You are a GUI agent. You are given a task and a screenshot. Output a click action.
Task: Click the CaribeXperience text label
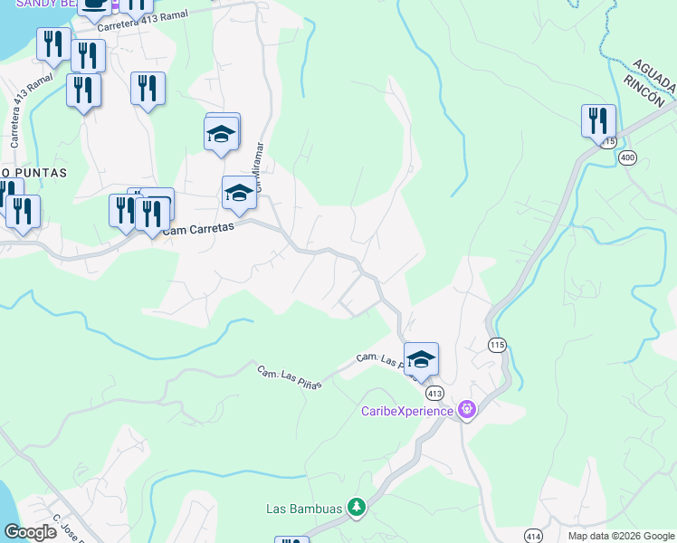pos(407,411)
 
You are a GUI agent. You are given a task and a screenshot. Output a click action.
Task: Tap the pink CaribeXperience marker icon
pos(466,411)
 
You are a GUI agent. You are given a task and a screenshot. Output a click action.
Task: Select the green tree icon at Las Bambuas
pos(357,508)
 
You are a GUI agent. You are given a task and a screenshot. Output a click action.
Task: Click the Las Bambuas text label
pos(303,509)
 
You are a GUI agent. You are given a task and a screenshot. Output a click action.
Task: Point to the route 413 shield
pos(435,393)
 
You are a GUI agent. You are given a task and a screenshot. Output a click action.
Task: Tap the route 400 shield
pos(628,157)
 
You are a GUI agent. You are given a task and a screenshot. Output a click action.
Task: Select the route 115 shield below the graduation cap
pos(496,345)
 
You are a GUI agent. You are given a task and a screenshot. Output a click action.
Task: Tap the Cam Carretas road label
pos(199,230)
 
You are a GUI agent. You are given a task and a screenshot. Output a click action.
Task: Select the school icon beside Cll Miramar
pos(239,193)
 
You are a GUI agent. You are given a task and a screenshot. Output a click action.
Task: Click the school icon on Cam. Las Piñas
pos(421,359)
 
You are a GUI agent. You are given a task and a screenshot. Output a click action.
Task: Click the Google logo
pos(30,532)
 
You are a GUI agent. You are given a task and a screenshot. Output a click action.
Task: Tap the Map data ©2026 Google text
pos(620,536)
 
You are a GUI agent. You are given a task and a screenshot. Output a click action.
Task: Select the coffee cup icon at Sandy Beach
pos(94,5)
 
